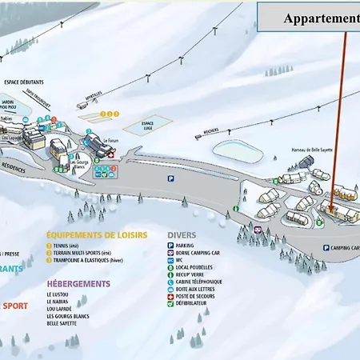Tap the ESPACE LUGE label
[x=148, y=125]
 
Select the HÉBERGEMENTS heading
[x=78, y=284]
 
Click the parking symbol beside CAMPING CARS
[x=326, y=248]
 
